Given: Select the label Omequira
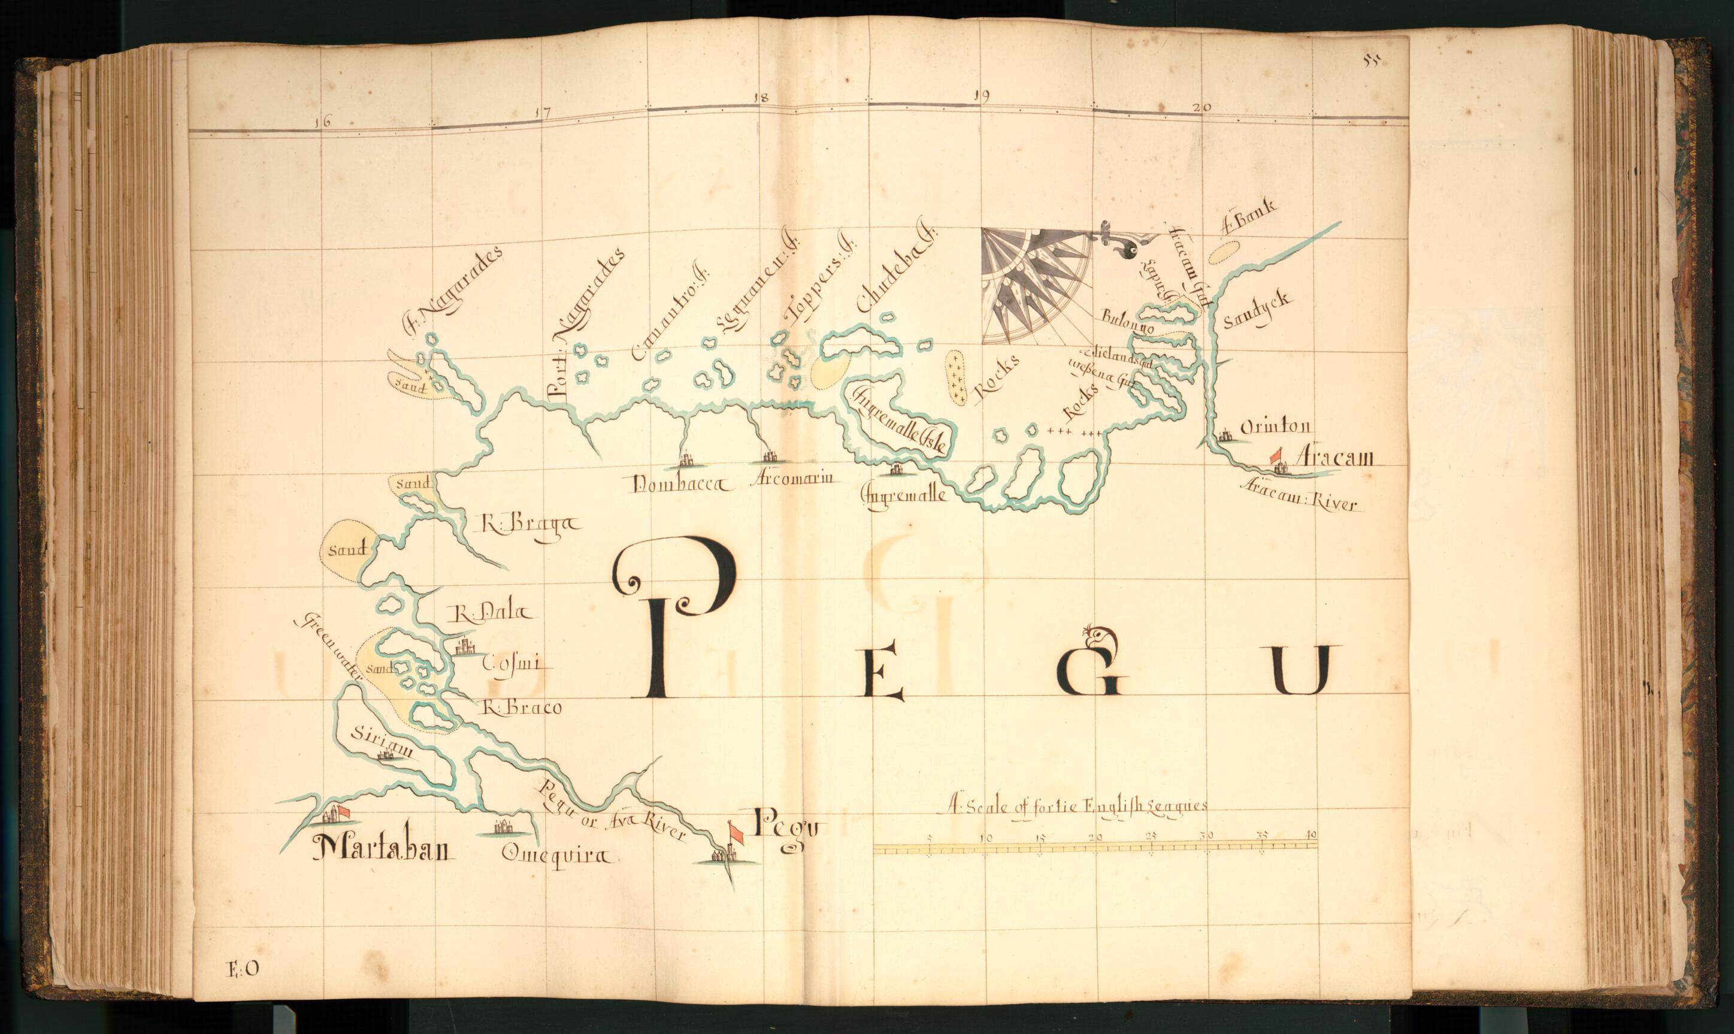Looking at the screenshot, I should [559, 855].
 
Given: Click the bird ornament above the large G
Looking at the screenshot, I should [1098, 637].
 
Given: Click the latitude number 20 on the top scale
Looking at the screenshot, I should [1202, 107].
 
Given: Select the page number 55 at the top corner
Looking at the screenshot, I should [1372, 61].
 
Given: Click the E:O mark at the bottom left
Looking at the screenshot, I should [243, 968].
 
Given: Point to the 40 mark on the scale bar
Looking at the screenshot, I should [1311, 835].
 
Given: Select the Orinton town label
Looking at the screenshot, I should [1275, 427].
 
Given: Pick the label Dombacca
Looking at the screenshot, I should [680, 485].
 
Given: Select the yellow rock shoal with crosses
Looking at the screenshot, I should [955, 377].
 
